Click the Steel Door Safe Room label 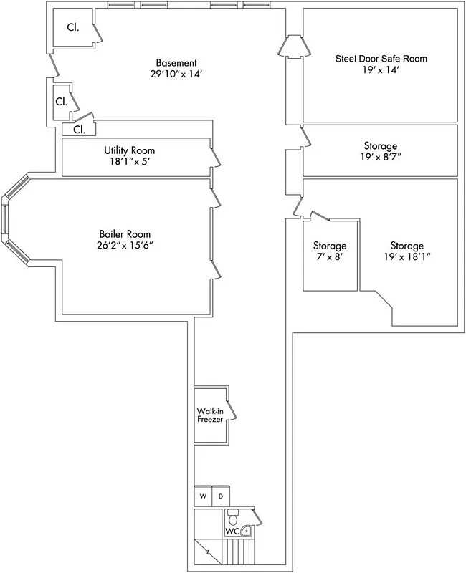click(381, 59)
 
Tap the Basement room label click(176, 63)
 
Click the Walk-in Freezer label click(211, 415)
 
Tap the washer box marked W click(203, 496)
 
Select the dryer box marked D click(221, 496)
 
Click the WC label click(232, 531)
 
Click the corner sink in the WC click(247, 531)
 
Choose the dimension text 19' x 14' click(381, 71)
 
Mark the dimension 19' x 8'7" click(381, 158)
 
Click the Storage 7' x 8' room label click(330, 246)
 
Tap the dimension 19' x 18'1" click(406, 257)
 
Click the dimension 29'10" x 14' click(176, 74)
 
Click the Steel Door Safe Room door click(294, 47)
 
